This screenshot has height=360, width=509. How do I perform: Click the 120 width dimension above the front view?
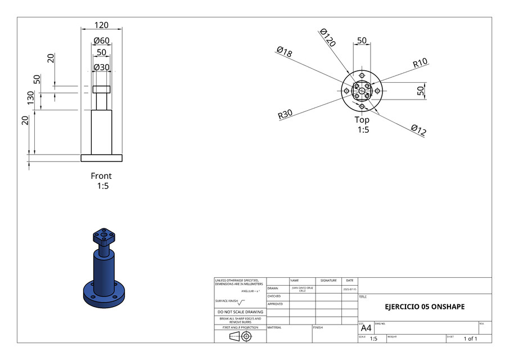(101, 25)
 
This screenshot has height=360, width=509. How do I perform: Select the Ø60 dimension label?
(101, 40)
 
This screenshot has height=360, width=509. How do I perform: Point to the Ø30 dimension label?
(101, 67)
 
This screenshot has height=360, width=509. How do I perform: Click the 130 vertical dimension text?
(31, 98)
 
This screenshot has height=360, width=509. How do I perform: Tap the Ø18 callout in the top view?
(284, 52)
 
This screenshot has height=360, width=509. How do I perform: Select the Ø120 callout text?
(327, 38)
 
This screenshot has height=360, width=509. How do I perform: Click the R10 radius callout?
(420, 62)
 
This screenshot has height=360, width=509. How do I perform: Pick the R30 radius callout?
(285, 115)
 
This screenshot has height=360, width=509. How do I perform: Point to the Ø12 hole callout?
(418, 130)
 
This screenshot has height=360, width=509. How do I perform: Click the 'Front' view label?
(101, 176)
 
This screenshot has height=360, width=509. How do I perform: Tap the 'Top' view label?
(362, 120)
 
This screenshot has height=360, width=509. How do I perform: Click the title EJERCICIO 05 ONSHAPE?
(425, 307)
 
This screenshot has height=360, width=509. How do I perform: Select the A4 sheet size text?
(366, 328)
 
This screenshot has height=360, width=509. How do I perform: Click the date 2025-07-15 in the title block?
(349, 289)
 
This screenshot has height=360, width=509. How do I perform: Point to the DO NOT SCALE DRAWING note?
(240, 312)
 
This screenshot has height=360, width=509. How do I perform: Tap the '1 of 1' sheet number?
(470, 339)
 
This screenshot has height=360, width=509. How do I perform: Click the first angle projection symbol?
(240, 336)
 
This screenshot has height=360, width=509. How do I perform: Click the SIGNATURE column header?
(328, 280)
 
